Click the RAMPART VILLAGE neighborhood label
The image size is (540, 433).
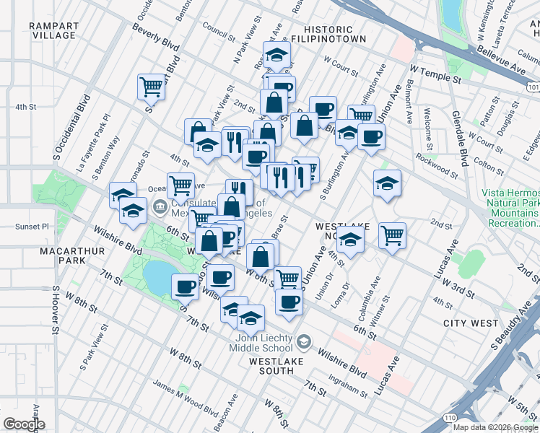point(53,30)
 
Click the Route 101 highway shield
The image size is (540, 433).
point(533,87)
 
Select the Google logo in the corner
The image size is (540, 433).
point(25,424)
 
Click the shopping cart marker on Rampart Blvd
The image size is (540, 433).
point(152,87)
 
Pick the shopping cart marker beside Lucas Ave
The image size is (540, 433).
point(392,235)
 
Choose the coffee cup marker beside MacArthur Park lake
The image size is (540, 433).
point(185,287)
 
